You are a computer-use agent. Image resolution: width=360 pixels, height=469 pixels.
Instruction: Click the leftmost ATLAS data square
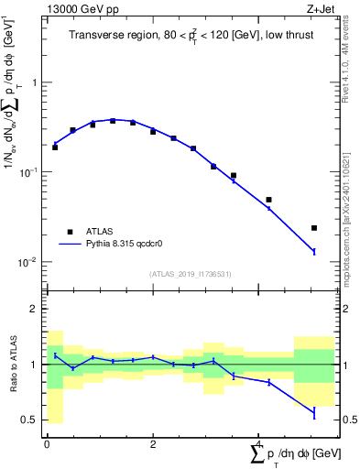pyautogui.click(x=55, y=147)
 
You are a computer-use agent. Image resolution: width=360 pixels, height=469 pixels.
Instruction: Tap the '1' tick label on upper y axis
pyautogui.click(x=35, y=82)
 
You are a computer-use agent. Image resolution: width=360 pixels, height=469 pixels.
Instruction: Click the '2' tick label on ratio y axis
pyautogui.click(x=35, y=309)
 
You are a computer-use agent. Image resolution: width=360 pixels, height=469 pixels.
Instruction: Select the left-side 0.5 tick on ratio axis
pyautogui.click(x=30, y=420)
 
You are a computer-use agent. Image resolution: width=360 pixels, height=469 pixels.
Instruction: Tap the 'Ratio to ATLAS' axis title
pyautogui.click(x=13, y=365)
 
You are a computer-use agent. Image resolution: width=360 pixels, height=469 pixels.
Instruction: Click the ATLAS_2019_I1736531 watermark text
pyautogui.click(x=190, y=274)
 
